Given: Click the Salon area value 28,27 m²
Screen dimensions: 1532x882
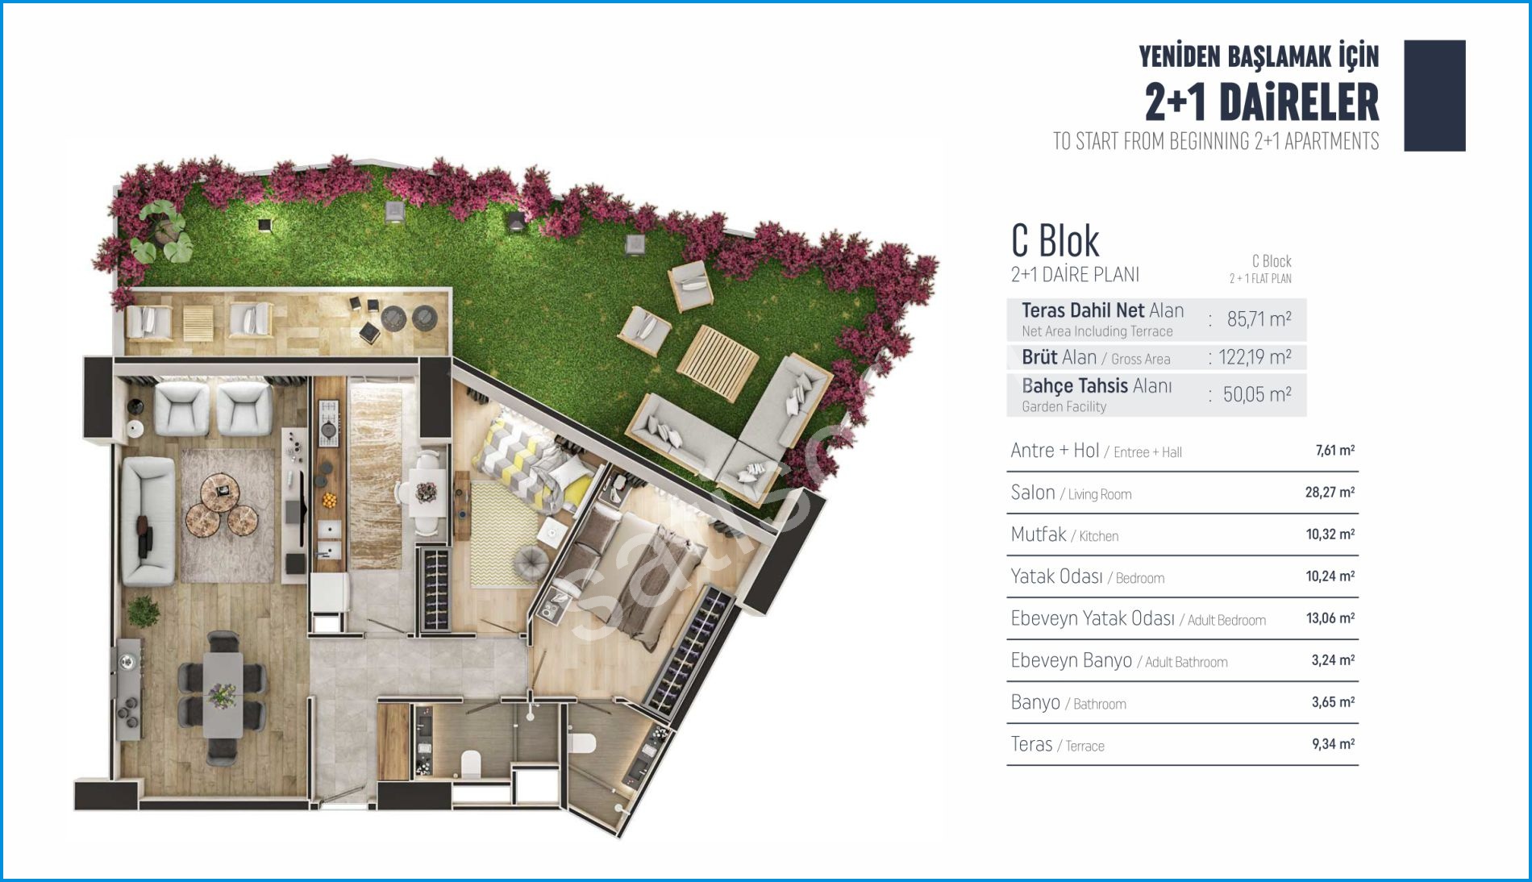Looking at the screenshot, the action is (1330, 492).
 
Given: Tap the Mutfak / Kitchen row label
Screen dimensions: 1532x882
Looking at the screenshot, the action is (1064, 535).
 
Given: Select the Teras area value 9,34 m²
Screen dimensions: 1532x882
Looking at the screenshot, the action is (1333, 743).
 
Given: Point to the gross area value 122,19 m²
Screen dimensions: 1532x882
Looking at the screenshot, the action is (1255, 357).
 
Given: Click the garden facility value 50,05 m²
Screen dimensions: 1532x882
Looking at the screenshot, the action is (1257, 394).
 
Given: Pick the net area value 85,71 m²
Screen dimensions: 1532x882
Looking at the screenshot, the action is (1259, 319).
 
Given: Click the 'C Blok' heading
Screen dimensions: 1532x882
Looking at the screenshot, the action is (1055, 240).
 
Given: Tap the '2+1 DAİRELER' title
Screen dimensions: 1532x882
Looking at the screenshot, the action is (1262, 102).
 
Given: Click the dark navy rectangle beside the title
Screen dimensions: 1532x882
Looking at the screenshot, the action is (1434, 95).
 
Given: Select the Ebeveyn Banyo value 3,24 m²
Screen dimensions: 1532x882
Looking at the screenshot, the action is (1333, 659).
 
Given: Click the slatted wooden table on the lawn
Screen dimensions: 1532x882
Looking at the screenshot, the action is (717, 363).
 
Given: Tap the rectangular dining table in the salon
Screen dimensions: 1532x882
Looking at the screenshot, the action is (223, 694).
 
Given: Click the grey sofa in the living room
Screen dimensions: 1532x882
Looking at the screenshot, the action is (148, 521).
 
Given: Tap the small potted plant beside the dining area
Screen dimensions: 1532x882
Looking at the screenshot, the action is (144, 611).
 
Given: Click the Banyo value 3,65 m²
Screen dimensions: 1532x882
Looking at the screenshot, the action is (1333, 701).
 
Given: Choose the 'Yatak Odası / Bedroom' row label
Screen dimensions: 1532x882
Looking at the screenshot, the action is (1088, 576).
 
